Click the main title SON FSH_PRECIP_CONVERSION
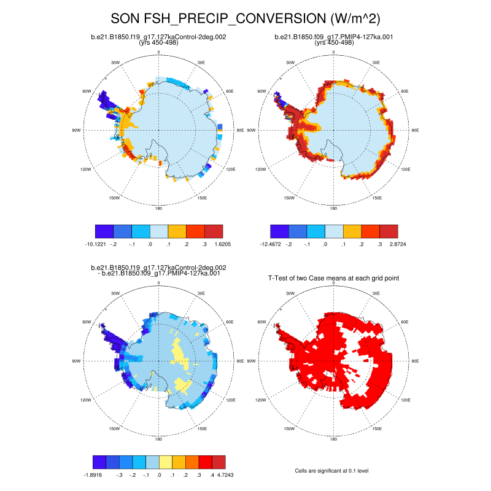pos(245,18)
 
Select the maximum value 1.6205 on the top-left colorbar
pos(223,244)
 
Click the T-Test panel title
pos(334,278)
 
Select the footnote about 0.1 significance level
pos(332,471)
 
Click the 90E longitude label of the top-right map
pos(414,130)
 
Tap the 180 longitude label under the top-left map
pos(159,208)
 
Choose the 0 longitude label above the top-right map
pos(333,52)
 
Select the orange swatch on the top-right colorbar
pos(352,231)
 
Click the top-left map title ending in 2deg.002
pos(159,37)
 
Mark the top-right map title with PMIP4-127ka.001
pos(333,37)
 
